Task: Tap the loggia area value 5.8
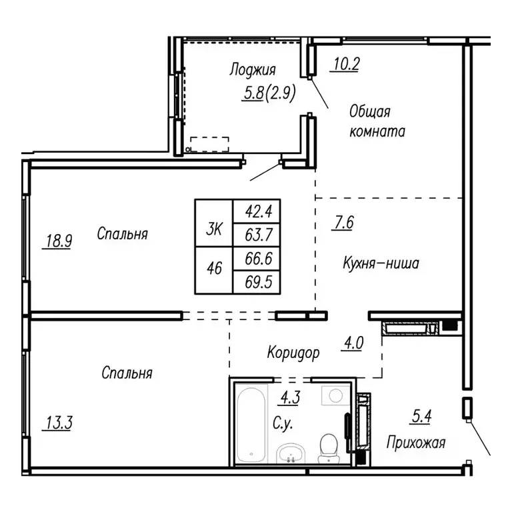pyautogui.click(x=253, y=95)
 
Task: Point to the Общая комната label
pyautogui.click(x=377, y=121)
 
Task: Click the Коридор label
pyautogui.click(x=294, y=351)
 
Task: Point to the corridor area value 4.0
pyautogui.click(x=353, y=345)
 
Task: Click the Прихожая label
pyautogui.click(x=415, y=442)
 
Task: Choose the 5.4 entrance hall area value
pyautogui.click(x=420, y=418)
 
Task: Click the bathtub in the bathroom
pyautogui.click(x=252, y=423)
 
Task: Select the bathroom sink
pyautogui.click(x=290, y=453)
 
